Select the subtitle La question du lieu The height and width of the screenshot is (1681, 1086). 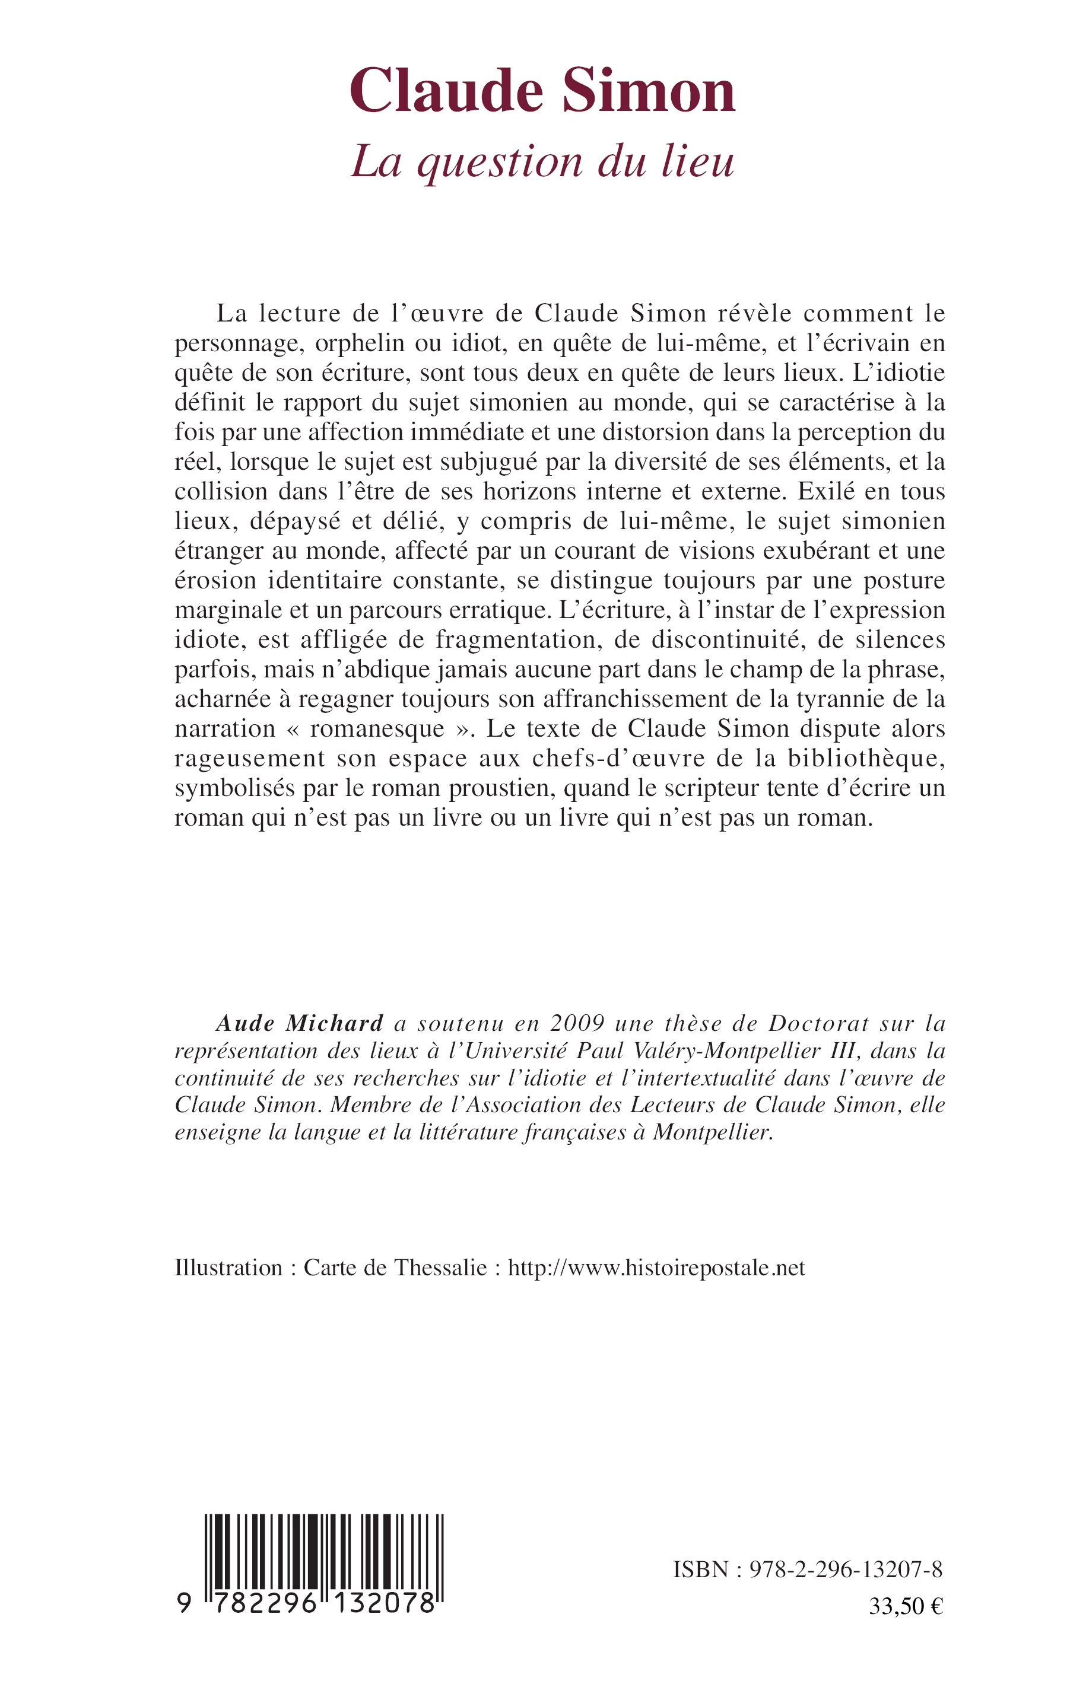tap(542, 162)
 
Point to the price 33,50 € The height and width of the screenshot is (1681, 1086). tap(906, 1606)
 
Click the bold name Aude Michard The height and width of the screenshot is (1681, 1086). tap(300, 1023)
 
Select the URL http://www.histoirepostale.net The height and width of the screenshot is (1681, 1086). tap(656, 1267)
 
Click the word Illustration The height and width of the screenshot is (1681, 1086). tap(228, 1267)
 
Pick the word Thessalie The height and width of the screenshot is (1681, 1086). tap(441, 1267)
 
